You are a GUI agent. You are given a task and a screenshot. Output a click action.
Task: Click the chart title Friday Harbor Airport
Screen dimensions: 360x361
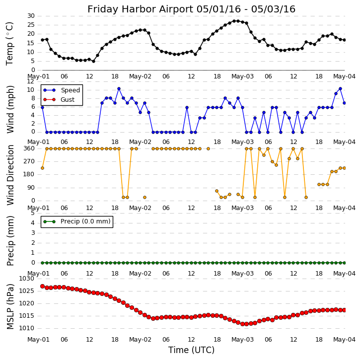pos(191,9)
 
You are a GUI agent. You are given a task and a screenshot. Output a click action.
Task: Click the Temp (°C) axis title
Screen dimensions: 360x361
pos(10,43)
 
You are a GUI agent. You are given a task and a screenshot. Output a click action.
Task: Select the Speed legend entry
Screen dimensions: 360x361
pos(70,90)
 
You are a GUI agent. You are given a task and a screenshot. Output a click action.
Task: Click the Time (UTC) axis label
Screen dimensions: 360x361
pos(191,350)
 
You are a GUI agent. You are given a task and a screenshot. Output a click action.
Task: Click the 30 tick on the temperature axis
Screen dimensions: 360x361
pos(30,16)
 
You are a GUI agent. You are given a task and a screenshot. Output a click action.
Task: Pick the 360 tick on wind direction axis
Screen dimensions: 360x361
pos(29,148)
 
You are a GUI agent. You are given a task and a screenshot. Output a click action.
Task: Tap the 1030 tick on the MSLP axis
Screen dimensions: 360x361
pos(27,279)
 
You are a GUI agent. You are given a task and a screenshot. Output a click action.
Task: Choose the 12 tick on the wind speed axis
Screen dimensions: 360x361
pos(30,81)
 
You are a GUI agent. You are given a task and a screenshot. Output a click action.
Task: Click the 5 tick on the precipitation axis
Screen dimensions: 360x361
pos(32,213)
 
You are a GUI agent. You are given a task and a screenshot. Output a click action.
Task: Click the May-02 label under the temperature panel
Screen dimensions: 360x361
pos(140,76)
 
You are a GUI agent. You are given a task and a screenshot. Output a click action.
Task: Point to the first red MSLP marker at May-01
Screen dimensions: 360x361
pos(42,286)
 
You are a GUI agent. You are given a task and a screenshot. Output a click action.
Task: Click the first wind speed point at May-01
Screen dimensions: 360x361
pos(42,107)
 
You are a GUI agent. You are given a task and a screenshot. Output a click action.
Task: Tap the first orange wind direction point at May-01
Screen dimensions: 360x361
pos(42,168)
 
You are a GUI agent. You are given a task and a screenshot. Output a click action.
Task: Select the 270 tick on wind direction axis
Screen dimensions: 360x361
pos(29,161)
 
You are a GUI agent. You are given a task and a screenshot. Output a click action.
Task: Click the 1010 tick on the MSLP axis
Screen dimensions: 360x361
pos(27,328)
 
